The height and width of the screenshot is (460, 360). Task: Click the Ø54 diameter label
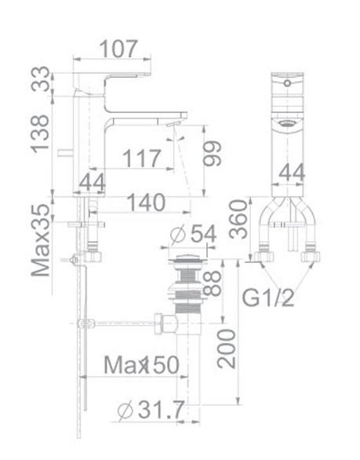193,234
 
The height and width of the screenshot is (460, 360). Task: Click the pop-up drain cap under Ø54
188,258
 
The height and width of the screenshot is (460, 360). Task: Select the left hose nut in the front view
260,255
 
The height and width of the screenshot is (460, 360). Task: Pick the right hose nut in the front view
313,254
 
